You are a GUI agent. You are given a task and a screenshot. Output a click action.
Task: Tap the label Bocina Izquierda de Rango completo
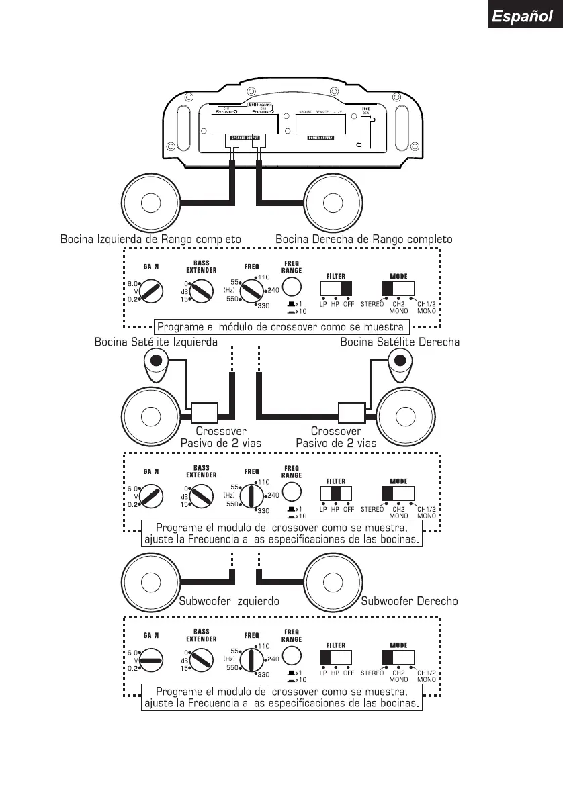[x=150, y=239]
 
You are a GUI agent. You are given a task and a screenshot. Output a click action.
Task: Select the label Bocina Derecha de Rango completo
[x=363, y=239]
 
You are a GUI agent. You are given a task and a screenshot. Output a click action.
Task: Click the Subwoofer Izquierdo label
[x=228, y=601]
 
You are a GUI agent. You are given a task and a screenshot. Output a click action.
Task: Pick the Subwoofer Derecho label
[x=409, y=601]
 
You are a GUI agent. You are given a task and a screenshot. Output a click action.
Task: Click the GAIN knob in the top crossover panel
[x=151, y=291]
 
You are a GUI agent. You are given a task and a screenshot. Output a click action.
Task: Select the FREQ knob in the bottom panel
[x=252, y=659]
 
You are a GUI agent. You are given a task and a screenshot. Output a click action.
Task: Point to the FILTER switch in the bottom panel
[x=336, y=657]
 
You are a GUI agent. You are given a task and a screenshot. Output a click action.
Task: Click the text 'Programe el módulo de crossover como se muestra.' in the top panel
[x=281, y=328]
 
